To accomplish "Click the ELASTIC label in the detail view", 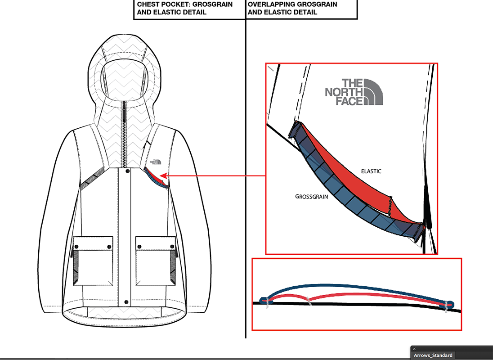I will [371, 171].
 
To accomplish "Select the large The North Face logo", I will [354, 92].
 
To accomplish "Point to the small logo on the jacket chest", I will [156, 162].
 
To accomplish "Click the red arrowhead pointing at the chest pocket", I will [163, 175].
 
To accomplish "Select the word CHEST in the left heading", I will [148, 4].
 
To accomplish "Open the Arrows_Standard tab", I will [433, 355].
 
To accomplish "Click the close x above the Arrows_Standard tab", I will [415, 349].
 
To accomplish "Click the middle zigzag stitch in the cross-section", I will [308, 300].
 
